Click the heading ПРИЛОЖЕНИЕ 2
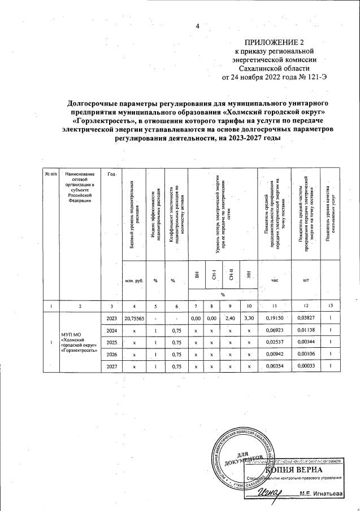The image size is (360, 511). click(274, 42)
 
